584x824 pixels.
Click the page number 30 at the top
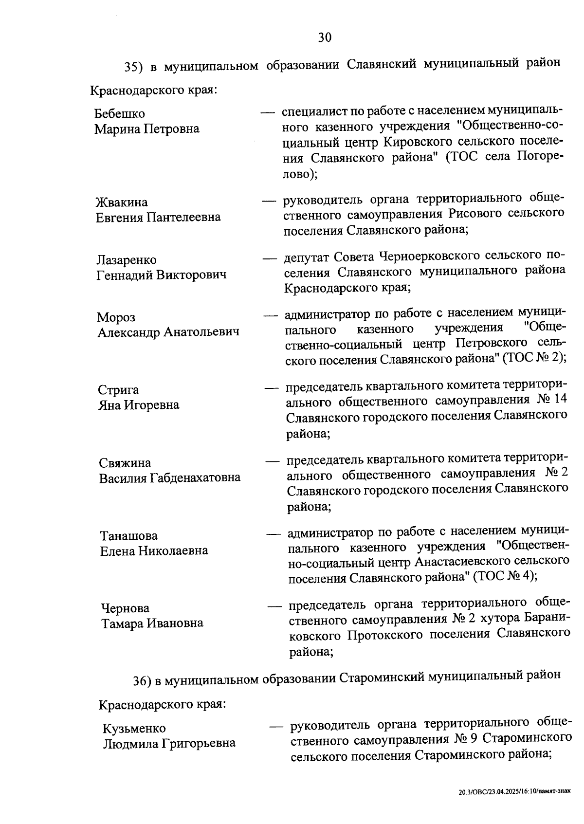click(325, 37)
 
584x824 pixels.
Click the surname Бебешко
click(120, 114)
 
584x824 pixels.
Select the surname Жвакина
click(122, 202)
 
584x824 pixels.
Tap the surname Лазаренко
click(127, 260)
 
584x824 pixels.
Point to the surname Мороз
click(116, 317)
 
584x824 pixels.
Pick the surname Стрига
click(118, 390)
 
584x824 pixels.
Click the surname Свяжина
click(125, 463)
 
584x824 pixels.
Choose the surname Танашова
click(129, 536)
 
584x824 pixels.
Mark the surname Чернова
click(125, 608)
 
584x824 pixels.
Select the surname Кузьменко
click(134, 729)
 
